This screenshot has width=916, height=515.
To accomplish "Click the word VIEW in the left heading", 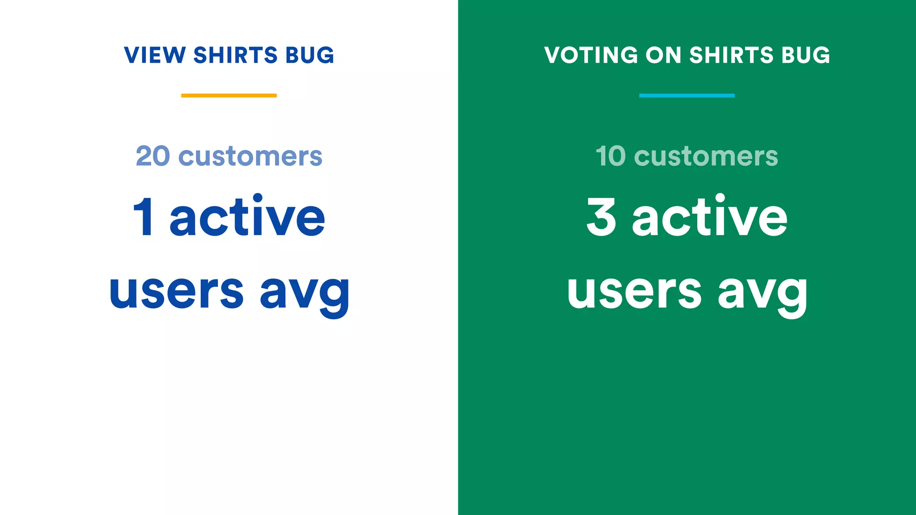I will tap(155, 55).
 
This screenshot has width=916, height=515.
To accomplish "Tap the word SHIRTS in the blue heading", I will tap(235, 55).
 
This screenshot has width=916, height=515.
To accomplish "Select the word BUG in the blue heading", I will tap(310, 55).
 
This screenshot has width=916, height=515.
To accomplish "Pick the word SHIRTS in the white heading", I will tap(731, 55).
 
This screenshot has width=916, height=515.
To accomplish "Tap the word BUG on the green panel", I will tap(806, 55).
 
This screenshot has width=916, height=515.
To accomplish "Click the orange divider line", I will tap(229, 95).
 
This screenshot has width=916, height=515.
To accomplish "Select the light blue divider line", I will tap(687, 95).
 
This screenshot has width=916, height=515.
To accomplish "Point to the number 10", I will tap(611, 156).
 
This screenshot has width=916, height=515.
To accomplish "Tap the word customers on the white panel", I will tap(250, 157).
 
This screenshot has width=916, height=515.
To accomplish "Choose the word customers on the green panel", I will tap(706, 157).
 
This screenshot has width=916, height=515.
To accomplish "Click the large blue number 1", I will tap(144, 217).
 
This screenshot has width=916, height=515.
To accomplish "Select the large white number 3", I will tap(601, 217).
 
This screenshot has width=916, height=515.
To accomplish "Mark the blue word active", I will tap(247, 217).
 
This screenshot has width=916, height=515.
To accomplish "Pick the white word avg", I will tap(763, 293).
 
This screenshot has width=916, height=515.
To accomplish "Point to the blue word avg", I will tap(305, 293).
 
